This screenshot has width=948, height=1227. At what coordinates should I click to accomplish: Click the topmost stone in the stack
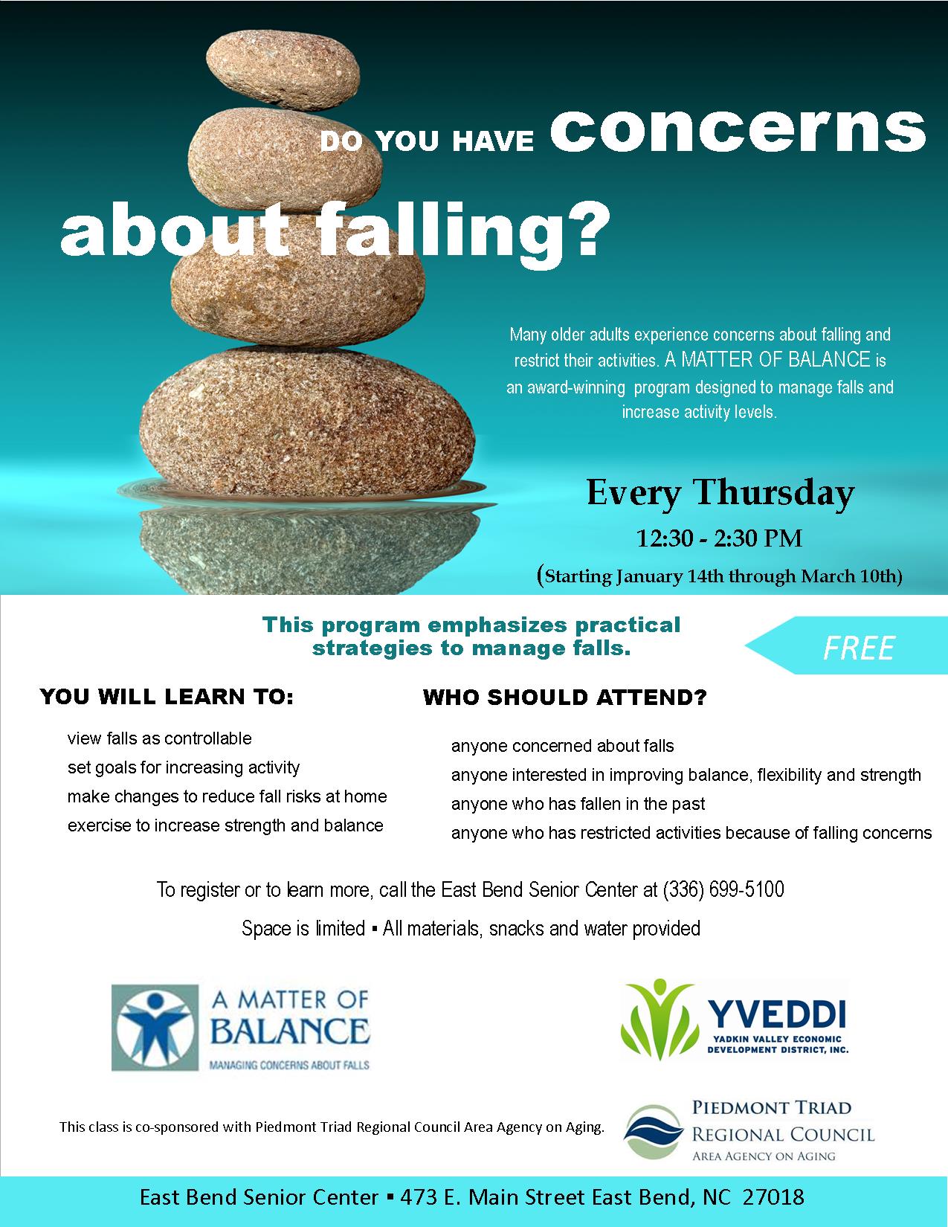(283, 69)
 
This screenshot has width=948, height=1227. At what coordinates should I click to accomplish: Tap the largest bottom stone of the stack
(308, 422)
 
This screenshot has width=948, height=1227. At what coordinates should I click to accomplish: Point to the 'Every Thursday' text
(720, 492)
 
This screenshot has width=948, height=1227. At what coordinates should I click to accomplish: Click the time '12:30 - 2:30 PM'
(719, 538)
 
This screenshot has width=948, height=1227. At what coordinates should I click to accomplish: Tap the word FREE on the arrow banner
(859, 648)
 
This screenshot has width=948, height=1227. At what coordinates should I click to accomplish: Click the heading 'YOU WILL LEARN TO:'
(167, 697)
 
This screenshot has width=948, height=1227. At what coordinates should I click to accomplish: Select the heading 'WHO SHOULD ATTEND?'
(564, 698)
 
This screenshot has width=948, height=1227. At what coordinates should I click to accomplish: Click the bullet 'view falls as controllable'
(159, 738)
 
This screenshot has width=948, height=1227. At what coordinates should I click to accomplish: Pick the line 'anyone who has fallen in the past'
(578, 804)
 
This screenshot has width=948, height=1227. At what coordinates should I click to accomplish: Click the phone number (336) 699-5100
(723, 890)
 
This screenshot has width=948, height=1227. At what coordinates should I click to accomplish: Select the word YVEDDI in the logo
(777, 1014)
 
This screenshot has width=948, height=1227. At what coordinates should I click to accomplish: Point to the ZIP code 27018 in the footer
(773, 1197)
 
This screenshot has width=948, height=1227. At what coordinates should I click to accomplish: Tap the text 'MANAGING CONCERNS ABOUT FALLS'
(289, 1066)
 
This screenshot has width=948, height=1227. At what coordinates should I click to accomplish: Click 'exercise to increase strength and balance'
(225, 825)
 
